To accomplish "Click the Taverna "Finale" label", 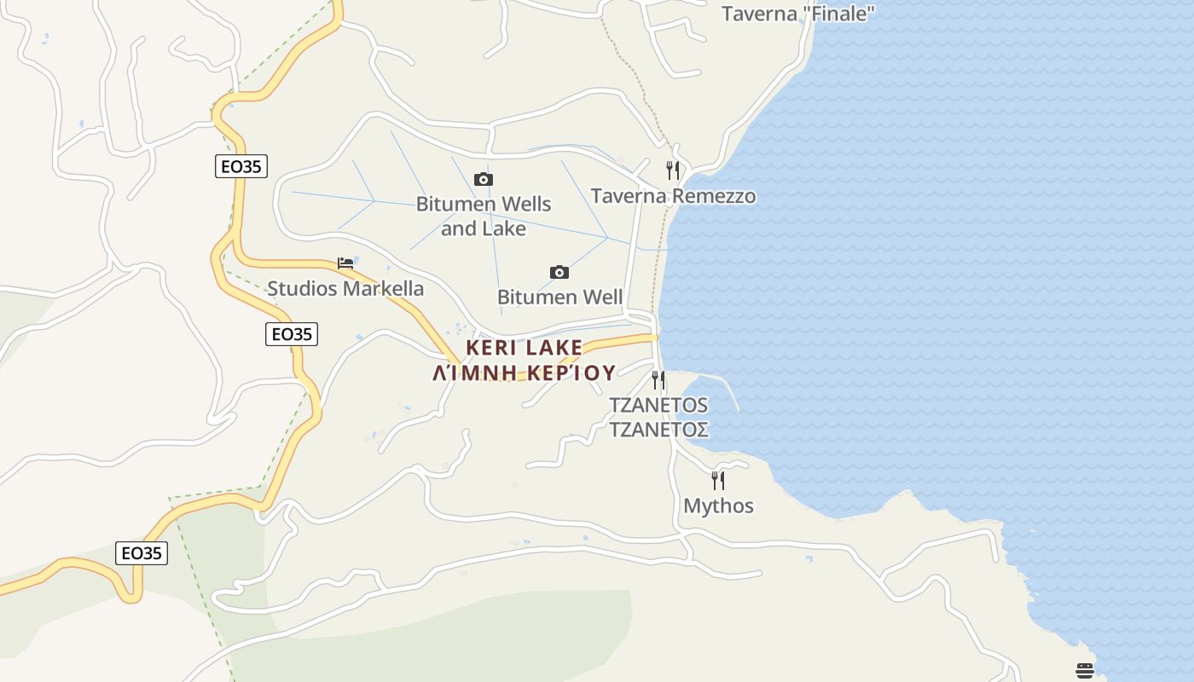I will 798,14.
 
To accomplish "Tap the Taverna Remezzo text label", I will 673,196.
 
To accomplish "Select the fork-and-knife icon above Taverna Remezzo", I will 673,170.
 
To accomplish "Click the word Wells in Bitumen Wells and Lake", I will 520,205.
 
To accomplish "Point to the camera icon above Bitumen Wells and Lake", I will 484,179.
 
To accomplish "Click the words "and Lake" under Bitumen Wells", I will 484,228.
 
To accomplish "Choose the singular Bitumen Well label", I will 559,298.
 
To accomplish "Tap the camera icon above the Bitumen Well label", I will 559,272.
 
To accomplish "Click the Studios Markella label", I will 345,289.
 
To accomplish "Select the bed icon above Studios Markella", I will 345,263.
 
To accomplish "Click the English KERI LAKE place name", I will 525,348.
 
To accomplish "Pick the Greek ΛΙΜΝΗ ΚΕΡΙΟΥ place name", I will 525,373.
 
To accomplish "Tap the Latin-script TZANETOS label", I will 658,405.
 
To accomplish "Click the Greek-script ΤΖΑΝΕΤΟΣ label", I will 658,429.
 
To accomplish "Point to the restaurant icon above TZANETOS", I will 658,379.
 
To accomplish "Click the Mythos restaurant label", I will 718,506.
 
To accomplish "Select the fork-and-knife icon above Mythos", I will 718,481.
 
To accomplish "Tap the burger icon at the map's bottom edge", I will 1085,671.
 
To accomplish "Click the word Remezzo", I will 714,196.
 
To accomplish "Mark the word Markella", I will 384,289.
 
